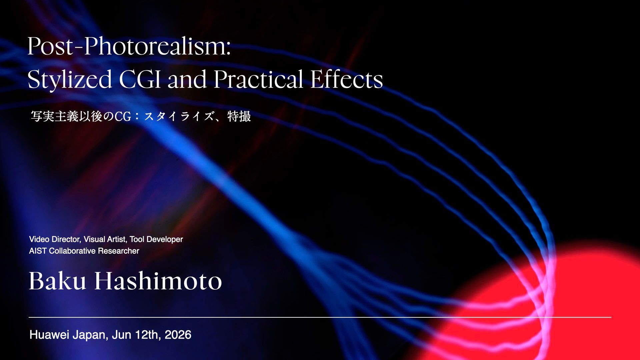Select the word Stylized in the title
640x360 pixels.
tap(70, 80)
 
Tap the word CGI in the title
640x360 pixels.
tap(140, 79)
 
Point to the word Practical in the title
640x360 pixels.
tap(258, 79)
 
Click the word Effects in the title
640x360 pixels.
tap(347, 79)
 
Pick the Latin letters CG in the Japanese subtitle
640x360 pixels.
tap(123, 116)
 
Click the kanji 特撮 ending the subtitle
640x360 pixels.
tap(239, 116)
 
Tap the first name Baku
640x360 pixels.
tap(58, 281)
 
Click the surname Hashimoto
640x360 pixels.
tap(158, 281)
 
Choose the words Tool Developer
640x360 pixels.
tap(156, 239)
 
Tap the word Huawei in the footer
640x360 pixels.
tap(49, 335)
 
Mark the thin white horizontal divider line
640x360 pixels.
tap(320, 317)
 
